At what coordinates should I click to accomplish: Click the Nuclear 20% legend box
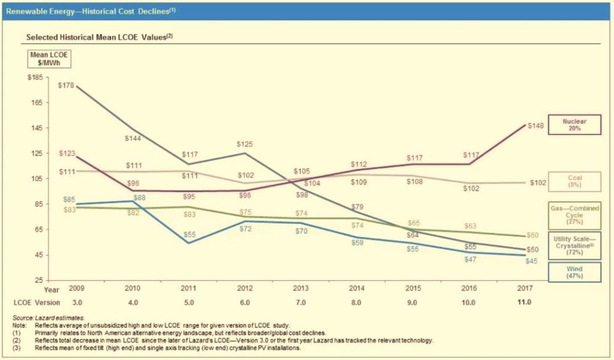[574, 125]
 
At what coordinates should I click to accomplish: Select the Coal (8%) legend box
[574, 182]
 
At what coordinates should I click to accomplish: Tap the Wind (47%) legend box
[574, 273]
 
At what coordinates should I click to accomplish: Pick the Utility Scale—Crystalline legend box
[574, 245]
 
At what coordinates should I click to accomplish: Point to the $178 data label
[66, 85]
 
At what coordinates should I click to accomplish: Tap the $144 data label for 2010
[133, 139]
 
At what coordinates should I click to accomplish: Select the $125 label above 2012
[245, 144]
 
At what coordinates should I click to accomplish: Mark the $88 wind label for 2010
[139, 197]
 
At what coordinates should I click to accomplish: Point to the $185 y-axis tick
[35, 77]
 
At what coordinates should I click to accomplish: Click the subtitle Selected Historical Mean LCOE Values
[100, 37]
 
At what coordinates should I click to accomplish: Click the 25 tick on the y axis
[38, 281]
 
